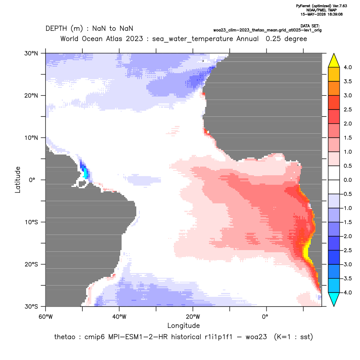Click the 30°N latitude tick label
pyautogui.click(x=31, y=53)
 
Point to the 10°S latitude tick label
pyautogui.click(x=31, y=222)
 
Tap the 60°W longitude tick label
pyautogui.click(x=45, y=317)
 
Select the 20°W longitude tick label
pyautogui.click(x=193, y=317)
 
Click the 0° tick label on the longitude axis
pyautogui.click(x=265, y=317)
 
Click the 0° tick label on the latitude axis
pyautogui.click(x=32, y=180)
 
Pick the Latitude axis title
pyautogui.click(x=18, y=180)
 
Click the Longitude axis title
pyautogui.click(x=183, y=325)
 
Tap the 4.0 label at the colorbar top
pyautogui.click(x=347, y=67)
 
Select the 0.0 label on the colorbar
pyautogui.click(x=347, y=180)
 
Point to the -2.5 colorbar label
pyautogui.click(x=347, y=250)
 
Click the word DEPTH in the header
pyautogui.click(x=56, y=29)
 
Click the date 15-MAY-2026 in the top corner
pyautogui.click(x=313, y=14)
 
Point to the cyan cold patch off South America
pyautogui.click(x=85, y=173)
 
